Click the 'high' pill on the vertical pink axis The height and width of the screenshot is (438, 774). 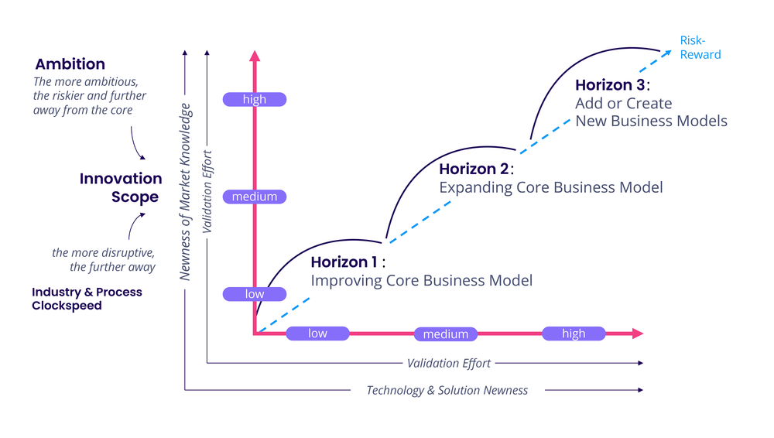coord(254,99)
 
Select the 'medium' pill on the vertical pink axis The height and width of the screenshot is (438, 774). coord(254,197)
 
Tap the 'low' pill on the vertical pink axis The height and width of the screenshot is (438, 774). coord(254,294)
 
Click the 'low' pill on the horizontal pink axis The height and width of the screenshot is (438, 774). coord(317,334)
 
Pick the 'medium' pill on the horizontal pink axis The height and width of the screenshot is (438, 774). coord(446,334)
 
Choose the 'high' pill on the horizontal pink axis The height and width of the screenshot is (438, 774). coord(574,334)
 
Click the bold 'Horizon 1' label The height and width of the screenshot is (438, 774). coord(344,262)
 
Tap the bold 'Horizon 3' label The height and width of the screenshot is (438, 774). coord(609,84)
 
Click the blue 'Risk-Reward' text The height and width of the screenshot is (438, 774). coord(700,47)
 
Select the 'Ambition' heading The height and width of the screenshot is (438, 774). coord(70,64)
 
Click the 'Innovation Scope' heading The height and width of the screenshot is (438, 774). coord(122,187)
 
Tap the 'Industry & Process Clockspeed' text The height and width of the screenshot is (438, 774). coord(87,299)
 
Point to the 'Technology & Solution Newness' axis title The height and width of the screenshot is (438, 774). coord(447,390)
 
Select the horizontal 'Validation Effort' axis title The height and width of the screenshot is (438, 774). coord(449,363)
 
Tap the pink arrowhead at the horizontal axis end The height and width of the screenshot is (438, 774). coord(637,334)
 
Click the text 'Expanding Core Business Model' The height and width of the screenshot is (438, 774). coord(550,187)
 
